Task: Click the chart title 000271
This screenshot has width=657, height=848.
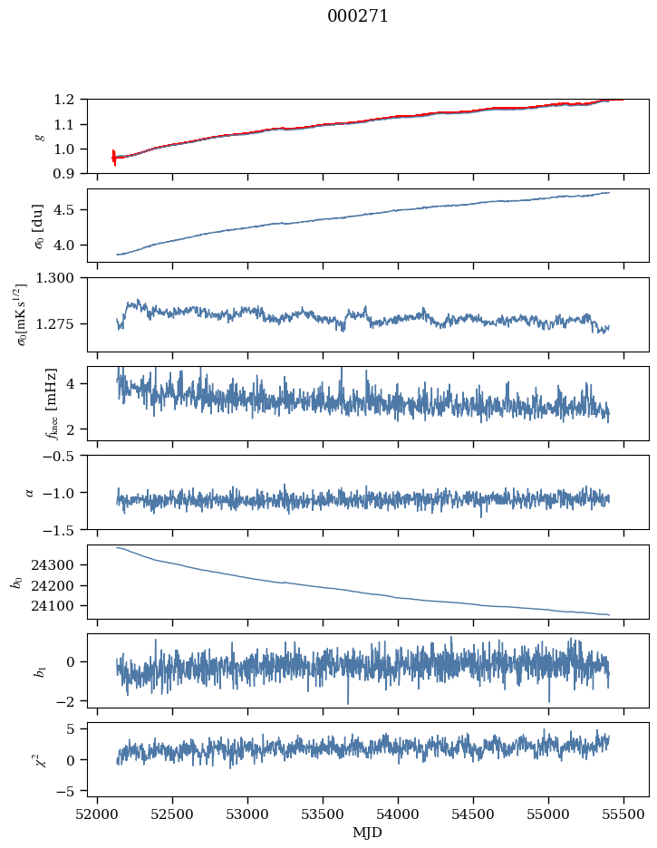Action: coord(358,16)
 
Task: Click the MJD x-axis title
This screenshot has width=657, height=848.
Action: coord(367,833)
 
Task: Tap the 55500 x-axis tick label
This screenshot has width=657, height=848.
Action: coord(623,814)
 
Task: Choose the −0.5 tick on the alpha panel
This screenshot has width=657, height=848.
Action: coord(63,456)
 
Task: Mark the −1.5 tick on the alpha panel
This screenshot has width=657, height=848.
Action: coord(63,529)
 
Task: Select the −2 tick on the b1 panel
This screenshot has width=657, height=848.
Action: coord(71,701)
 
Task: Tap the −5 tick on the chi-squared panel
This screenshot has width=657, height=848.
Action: coord(71,791)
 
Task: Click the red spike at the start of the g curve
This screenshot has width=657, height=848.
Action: coord(114,158)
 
